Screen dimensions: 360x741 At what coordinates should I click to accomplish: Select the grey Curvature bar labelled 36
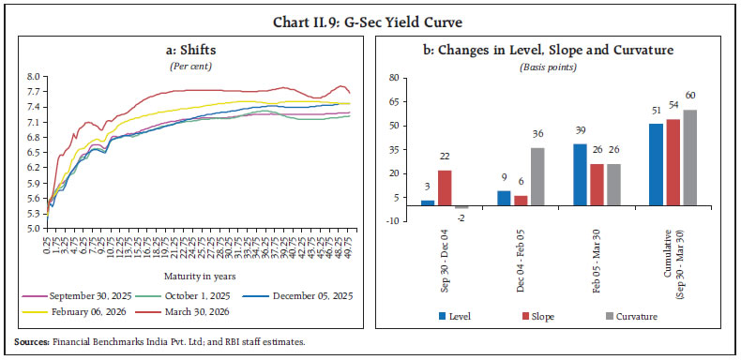point(537,176)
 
